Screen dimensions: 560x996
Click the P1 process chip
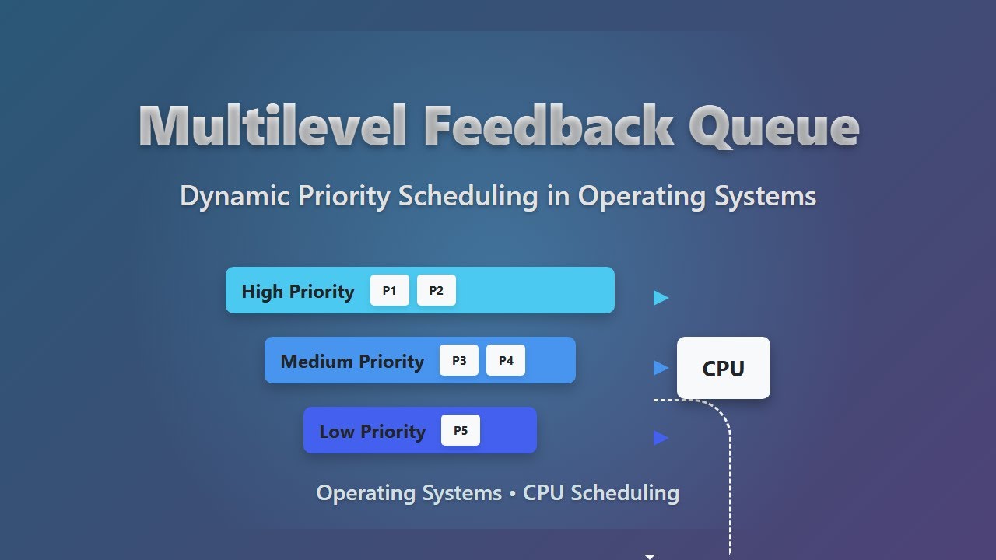pyautogui.click(x=390, y=291)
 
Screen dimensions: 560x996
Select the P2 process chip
pyautogui.click(x=437, y=291)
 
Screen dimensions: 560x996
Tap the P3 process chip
pyautogui.click(x=459, y=361)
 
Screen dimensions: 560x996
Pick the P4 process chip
pyautogui.click(x=506, y=361)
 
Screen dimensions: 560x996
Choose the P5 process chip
pyautogui.click(x=461, y=431)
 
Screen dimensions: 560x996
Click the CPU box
pyautogui.click(x=724, y=368)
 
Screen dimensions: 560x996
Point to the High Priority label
pyautogui.click(x=298, y=292)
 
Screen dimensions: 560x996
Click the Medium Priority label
pyautogui.click(x=352, y=362)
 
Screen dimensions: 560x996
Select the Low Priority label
pyautogui.click(x=372, y=432)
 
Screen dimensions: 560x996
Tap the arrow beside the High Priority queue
pyautogui.click(x=661, y=298)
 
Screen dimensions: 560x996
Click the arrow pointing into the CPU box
pyautogui.click(x=661, y=368)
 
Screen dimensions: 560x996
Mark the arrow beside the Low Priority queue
pyautogui.click(x=661, y=438)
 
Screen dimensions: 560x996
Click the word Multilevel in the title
pyautogui.click(x=272, y=126)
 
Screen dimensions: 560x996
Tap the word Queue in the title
pyautogui.click(x=773, y=126)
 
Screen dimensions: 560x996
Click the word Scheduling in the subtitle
pyautogui.click(x=468, y=196)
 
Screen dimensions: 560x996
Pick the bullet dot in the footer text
pyautogui.click(x=512, y=494)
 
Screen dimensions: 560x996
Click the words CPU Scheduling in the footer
pyautogui.click(x=601, y=493)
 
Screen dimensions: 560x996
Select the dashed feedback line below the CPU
pyautogui.click(x=731, y=482)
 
